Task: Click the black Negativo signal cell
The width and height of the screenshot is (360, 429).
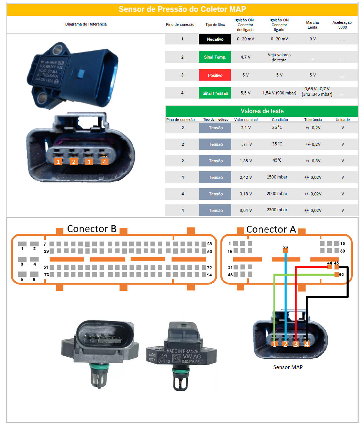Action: (215, 39)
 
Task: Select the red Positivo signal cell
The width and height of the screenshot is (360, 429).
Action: (215, 75)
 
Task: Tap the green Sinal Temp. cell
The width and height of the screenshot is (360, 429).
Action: (215, 57)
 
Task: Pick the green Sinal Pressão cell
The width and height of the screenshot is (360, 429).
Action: (215, 93)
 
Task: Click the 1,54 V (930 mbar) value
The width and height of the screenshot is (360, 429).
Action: (279, 93)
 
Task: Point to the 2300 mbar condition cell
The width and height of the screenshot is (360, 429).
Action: (277, 210)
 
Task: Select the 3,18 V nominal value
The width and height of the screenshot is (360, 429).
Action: (246, 194)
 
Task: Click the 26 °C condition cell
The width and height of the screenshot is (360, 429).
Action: (277, 127)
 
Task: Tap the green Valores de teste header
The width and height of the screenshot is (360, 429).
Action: (262, 111)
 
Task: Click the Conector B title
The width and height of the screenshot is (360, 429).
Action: (92, 229)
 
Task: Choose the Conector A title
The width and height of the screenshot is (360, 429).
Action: (271, 229)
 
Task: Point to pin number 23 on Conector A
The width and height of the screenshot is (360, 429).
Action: (285, 247)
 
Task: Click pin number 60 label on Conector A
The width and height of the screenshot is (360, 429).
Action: (341, 275)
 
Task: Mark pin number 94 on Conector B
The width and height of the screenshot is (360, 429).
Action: (209, 275)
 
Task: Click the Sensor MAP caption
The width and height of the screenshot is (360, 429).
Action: (288, 367)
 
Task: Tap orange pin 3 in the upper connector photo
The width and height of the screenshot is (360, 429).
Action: (89, 162)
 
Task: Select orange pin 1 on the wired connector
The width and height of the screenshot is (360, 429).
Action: (274, 344)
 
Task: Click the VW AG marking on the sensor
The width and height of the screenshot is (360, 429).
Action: (192, 357)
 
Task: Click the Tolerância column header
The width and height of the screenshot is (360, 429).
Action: (313, 120)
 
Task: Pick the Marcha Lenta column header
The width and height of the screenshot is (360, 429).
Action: (312, 25)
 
